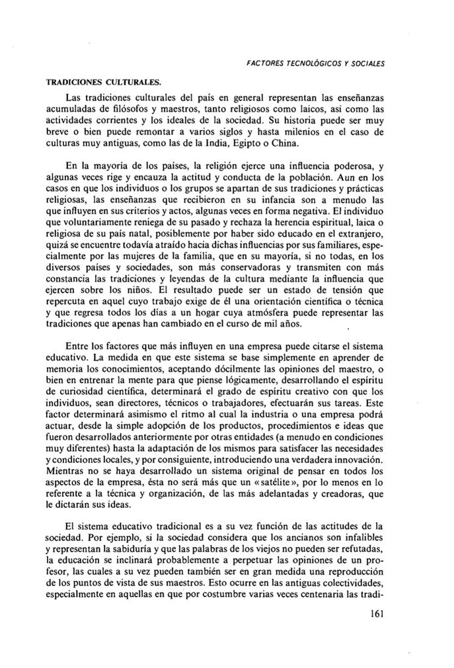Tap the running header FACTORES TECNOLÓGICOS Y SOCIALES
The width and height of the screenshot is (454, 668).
315,63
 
